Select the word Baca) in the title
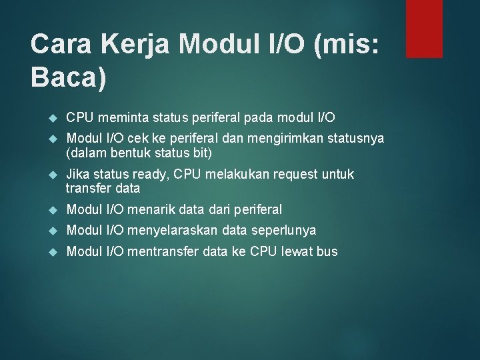click(x=68, y=78)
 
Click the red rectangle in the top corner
click(x=424, y=28)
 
